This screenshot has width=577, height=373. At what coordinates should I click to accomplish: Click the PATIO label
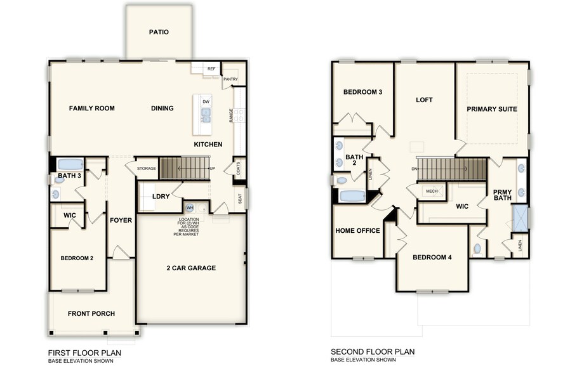coord(159,32)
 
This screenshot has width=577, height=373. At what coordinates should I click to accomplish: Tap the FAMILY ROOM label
coord(92,108)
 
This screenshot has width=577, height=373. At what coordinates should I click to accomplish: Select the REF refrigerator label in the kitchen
coord(211,69)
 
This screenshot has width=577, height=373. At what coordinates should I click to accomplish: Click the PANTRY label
coord(230,79)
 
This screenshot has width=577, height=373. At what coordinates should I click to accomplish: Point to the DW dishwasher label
coord(206,101)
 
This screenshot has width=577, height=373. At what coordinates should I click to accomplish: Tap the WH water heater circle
coord(190,207)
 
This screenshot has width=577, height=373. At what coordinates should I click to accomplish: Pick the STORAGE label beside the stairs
coord(146,168)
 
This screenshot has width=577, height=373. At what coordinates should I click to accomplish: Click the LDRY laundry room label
coord(161,197)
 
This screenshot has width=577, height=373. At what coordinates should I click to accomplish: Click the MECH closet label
coord(432,191)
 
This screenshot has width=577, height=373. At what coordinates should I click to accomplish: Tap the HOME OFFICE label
coord(358,231)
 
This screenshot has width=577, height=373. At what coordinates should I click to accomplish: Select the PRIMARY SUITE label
coord(492,109)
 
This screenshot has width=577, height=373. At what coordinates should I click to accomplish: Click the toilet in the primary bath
coord(478,249)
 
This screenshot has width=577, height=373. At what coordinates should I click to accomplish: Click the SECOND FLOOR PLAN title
coord(373,351)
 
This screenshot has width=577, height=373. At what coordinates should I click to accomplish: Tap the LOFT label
coord(424,100)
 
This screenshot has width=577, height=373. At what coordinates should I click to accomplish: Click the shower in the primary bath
coord(521,218)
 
